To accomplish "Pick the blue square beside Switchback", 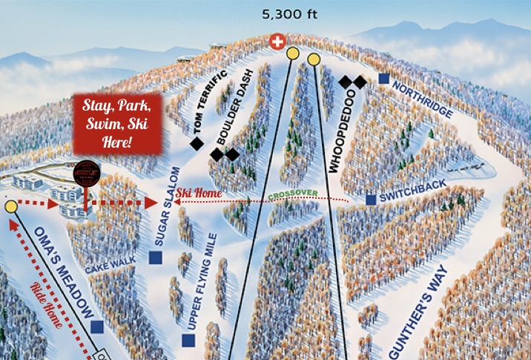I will click(x=371, y=200).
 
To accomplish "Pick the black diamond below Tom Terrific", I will click(x=197, y=144).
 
